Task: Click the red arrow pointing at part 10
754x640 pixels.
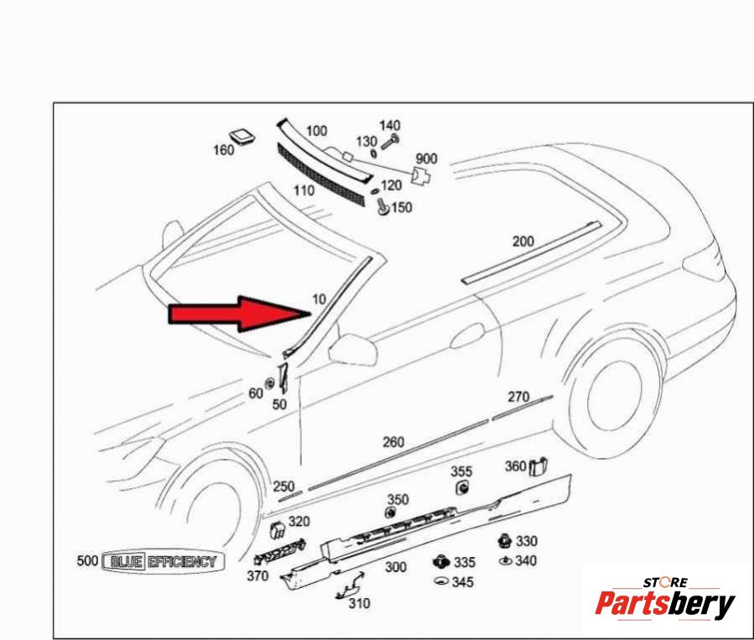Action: click(241, 314)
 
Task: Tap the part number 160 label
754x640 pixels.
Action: click(224, 150)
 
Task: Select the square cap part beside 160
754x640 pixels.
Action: click(242, 136)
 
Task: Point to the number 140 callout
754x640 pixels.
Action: click(389, 126)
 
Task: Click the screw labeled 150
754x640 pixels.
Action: click(383, 206)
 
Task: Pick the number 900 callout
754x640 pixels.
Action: click(426, 159)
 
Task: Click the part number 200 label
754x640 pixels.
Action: click(523, 241)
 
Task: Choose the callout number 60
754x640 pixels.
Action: click(256, 393)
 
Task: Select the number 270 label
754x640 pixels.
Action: click(518, 397)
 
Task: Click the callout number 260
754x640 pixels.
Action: click(393, 442)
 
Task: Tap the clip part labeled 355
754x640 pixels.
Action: click(462, 488)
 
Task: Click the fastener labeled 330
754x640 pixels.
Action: click(504, 540)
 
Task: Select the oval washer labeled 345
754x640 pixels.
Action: click(441, 580)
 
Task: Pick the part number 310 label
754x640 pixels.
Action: click(359, 603)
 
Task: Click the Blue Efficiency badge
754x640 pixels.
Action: click(164, 561)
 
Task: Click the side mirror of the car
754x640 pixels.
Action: click(352, 346)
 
